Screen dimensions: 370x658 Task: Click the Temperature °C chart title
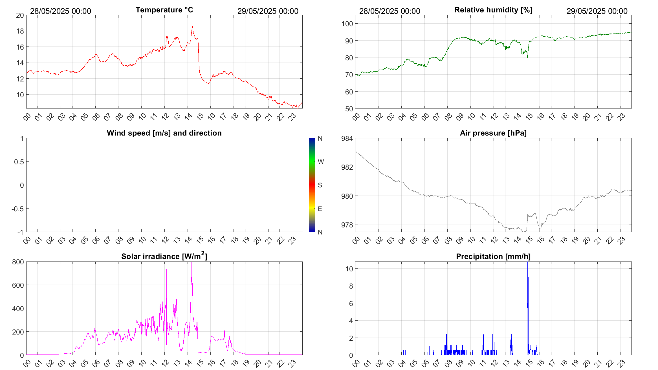point(164,10)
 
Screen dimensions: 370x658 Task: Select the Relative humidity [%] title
point(493,10)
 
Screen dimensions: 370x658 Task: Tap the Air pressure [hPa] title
point(493,133)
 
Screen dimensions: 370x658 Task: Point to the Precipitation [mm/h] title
point(493,256)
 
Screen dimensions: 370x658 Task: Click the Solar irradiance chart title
point(164,256)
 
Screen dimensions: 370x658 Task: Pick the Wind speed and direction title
point(164,133)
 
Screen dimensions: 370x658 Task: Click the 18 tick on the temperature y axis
point(20,31)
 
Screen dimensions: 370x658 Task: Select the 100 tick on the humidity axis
point(347,24)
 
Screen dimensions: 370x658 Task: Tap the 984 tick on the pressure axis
point(347,138)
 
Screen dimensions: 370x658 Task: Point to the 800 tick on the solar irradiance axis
point(18,262)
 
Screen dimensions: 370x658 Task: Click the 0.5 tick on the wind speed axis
point(19,162)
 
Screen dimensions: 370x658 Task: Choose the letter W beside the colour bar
point(321,162)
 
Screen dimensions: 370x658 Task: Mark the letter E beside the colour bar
point(320,209)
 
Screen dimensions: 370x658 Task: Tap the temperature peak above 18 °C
point(192,27)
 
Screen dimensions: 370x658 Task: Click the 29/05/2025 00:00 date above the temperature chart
point(268,11)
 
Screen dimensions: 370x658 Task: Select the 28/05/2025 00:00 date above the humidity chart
point(389,11)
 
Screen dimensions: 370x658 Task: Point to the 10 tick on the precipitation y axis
point(349,269)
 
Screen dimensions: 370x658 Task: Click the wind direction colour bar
point(312,185)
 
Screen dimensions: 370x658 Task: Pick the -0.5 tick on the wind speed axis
point(17,209)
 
